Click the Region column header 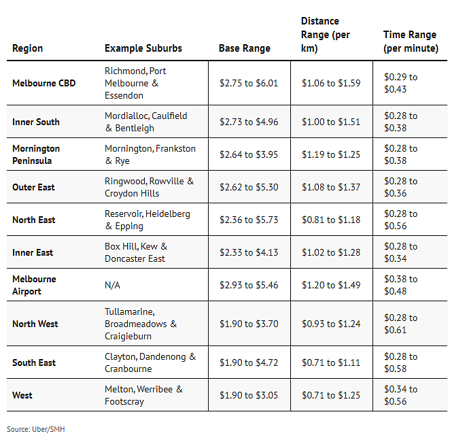[x=27, y=48]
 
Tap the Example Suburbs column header [x=143, y=48]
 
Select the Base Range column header [x=245, y=48]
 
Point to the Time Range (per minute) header [x=411, y=41]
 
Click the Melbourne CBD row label [x=44, y=83]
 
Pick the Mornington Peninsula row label [x=36, y=154]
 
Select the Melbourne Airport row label [x=34, y=285]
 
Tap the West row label [x=22, y=395]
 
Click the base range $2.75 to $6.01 [x=249, y=83]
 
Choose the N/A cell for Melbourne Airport [x=112, y=285]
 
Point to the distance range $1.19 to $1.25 [x=331, y=154]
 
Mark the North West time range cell [x=400, y=324]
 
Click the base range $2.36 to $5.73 [x=249, y=220]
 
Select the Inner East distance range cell [x=331, y=252]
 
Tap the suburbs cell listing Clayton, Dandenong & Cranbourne [x=150, y=362]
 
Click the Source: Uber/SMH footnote [x=36, y=429]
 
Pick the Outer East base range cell [x=249, y=187]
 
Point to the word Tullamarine [x=130, y=311]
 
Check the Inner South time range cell [x=400, y=122]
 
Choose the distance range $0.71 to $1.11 [x=331, y=362]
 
